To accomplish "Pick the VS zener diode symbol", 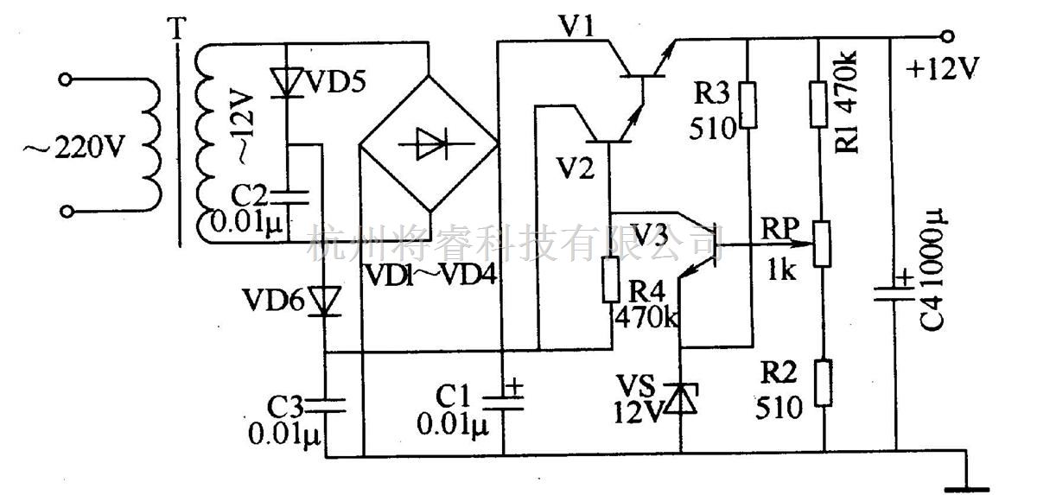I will point(682,398).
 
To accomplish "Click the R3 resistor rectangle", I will point(748,105).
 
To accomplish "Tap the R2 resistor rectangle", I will point(824,383).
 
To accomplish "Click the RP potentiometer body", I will point(824,242).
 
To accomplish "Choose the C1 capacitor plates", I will point(502,398).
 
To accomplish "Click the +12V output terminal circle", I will point(948,36).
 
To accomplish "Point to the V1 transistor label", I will point(574,29).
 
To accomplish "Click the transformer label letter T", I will point(177,29).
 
